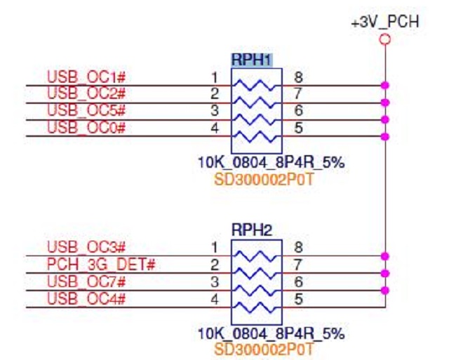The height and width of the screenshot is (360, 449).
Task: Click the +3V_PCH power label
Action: [385, 22]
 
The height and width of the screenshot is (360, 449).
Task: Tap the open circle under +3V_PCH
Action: [384, 39]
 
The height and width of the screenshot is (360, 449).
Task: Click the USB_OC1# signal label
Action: [86, 76]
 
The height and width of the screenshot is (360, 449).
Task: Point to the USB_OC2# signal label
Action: [86, 93]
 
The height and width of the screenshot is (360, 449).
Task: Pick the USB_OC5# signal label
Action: [86, 110]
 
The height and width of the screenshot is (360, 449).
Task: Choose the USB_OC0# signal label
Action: [86, 127]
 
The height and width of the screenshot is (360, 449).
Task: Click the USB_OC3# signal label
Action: [86, 247]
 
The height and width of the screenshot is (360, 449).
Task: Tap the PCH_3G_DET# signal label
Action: [100, 264]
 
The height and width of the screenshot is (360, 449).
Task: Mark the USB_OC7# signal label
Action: [86, 281]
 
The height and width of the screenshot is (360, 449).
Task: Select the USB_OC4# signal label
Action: [86, 298]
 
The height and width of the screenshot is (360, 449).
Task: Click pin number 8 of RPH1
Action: [298, 76]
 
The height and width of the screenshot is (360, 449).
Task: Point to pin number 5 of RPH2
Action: [298, 298]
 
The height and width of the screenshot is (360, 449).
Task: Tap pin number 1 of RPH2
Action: [215, 247]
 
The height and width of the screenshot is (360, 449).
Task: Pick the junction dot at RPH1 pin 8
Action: [384, 85]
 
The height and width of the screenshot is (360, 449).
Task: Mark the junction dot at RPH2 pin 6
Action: [384, 290]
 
